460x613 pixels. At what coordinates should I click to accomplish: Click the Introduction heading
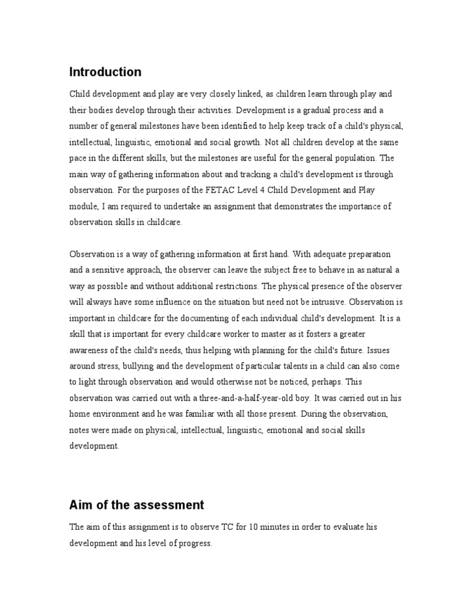[105, 72]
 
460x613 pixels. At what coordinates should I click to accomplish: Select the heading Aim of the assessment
[137, 505]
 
